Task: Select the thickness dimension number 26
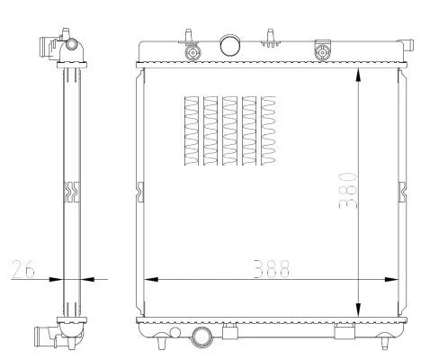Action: (26, 268)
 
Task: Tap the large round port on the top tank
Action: (230, 44)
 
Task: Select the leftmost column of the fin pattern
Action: (190, 131)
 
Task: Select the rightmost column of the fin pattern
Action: (269, 131)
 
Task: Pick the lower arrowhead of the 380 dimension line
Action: (360, 309)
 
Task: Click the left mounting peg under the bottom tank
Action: (160, 343)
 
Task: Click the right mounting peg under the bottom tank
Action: (388, 343)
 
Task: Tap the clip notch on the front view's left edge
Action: (139, 189)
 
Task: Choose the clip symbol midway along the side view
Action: (73, 191)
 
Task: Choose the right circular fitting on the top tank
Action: (319, 51)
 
